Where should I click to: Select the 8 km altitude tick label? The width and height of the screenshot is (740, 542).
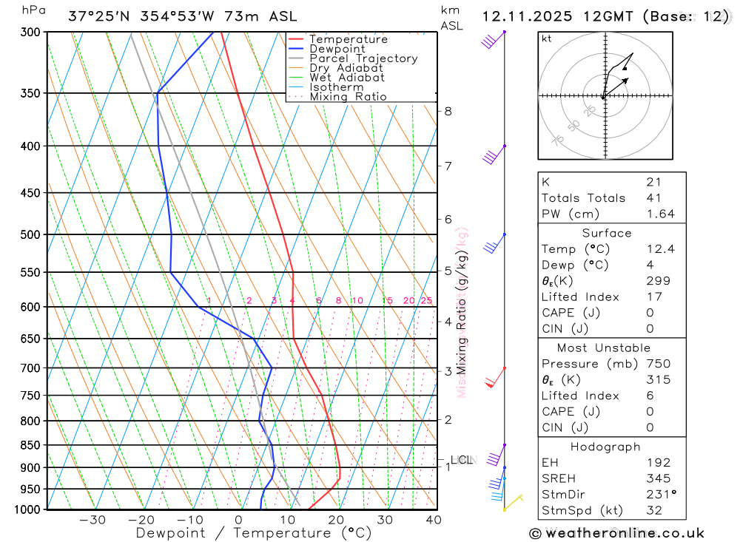[x=448, y=112]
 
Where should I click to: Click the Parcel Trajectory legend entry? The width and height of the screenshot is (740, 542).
[x=363, y=58]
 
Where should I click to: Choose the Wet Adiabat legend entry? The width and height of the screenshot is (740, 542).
[x=346, y=78]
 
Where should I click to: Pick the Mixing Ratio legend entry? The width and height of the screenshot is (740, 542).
[x=348, y=97]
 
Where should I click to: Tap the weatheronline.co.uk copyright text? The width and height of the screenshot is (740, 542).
[x=616, y=533]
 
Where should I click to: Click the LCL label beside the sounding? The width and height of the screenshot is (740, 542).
[x=461, y=460]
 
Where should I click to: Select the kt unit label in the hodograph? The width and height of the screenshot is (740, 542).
[x=547, y=39]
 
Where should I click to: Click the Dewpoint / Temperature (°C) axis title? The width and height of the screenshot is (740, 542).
[x=254, y=532]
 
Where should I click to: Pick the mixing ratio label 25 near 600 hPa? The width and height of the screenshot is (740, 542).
[x=426, y=300]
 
